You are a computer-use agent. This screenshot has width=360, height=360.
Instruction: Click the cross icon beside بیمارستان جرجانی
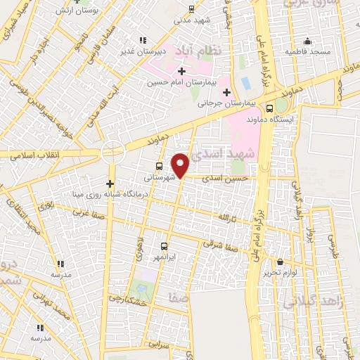(x=226, y=92)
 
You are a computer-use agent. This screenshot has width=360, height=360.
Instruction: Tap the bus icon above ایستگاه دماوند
(x=270, y=108)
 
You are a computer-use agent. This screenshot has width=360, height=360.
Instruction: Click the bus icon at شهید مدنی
(x=191, y=9)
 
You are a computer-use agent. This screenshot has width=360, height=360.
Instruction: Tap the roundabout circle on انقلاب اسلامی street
(x=112, y=150)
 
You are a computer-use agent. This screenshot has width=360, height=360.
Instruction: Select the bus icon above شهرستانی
(x=160, y=167)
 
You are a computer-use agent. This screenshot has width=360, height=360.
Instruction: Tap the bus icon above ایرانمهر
(x=164, y=246)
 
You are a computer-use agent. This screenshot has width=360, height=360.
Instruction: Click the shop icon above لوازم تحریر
(x=279, y=262)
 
